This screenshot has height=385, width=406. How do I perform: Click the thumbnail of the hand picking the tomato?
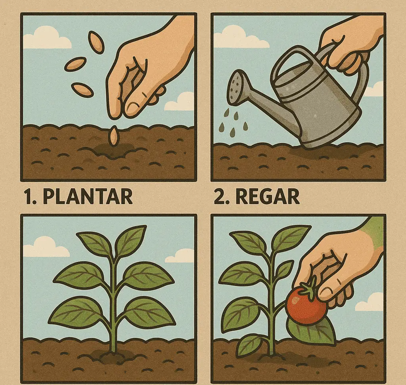[327, 292]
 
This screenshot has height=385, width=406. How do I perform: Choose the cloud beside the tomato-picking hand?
[369, 302]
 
